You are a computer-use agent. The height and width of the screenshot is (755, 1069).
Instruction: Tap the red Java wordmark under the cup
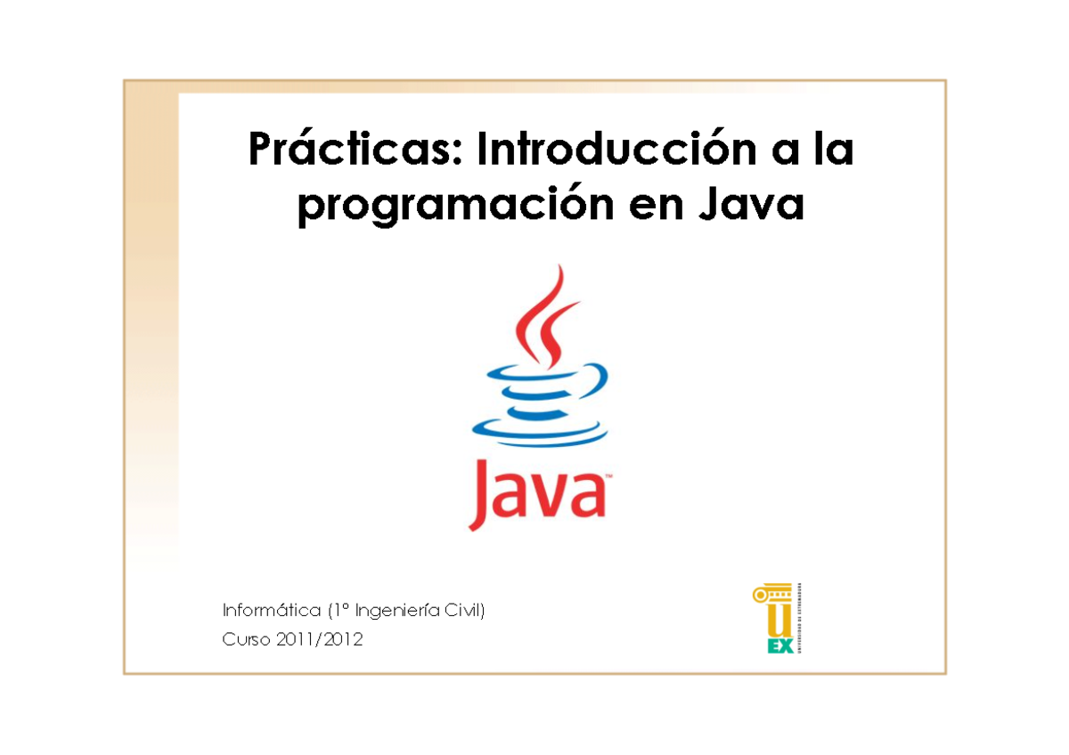[x=538, y=494]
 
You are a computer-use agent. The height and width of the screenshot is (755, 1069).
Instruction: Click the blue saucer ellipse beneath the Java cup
[x=539, y=434]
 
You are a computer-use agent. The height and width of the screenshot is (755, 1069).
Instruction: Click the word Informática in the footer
[x=271, y=611]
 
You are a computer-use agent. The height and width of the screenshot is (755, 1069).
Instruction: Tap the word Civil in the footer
[x=466, y=611]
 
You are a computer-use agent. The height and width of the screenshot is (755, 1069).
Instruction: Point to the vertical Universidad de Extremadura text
[x=803, y=619]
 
